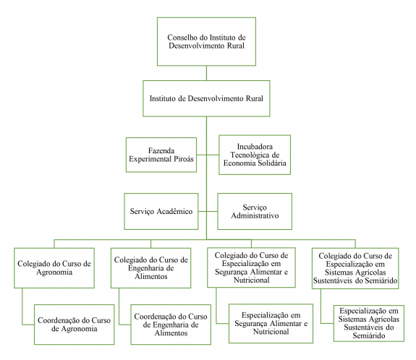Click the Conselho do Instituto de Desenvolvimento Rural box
click(206, 42)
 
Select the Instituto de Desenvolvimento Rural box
click(206, 98)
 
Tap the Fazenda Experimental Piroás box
click(161, 155)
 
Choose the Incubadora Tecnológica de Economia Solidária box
click(255, 155)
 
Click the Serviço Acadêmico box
click(161, 211)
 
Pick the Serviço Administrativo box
click(255, 211)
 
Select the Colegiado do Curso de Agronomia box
click(54, 268)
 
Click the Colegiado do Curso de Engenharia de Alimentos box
click(150, 268)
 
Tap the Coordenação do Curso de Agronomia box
click(75, 325)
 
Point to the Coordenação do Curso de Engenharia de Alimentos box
click(171, 325)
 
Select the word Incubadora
click(255, 147)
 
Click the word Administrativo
click(255, 215)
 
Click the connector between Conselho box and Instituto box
click(206, 73)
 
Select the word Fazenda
click(161, 151)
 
